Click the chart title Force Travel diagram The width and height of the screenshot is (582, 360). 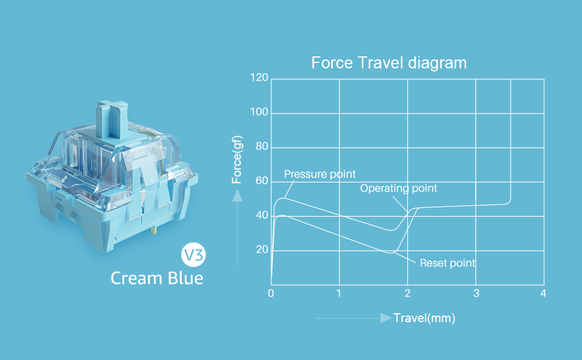tap(389, 63)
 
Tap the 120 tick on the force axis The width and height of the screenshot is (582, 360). tap(259, 77)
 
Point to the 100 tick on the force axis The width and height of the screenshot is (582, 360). tap(259, 112)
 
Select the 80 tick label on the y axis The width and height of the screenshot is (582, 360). tap(262, 146)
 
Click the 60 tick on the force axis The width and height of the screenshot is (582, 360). tap(262, 181)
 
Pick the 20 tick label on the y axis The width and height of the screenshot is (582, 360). tap(262, 250)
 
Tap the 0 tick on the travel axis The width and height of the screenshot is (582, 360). tap(271, 293)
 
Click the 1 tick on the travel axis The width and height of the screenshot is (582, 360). tap(338, 293)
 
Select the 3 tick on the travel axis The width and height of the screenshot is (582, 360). tap(476, 293)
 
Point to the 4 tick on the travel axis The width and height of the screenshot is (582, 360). tap(543, 293)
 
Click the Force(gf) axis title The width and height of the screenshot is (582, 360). tap(237, 160)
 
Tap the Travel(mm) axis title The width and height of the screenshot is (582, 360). tap(424, 318)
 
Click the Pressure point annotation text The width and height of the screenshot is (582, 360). tap(320, 174)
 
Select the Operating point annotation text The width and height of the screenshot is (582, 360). tap(398, 188)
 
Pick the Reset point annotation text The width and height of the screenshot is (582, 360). tap(447, 263)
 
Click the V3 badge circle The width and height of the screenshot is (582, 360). tap(193, 255)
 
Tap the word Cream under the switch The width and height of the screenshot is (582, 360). tap(137, 278)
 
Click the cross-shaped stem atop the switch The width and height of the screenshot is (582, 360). tap(112, 118)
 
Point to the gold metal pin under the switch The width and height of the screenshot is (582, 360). tap(154, 230)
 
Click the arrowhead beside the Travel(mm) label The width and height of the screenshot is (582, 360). tap(386, 318)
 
